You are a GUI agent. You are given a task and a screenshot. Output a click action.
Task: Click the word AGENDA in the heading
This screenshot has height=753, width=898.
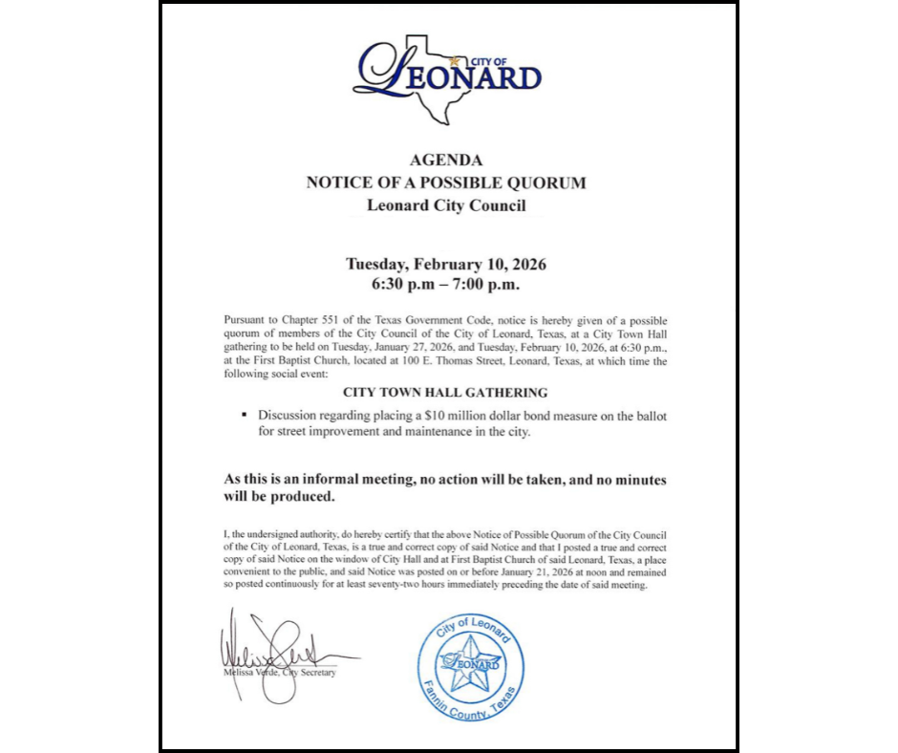[x=446, y=161]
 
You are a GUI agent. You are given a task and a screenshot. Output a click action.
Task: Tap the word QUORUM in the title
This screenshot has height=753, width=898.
[x=545, y=183]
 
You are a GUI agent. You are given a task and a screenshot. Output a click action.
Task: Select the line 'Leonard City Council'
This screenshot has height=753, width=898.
[x=446, y=204]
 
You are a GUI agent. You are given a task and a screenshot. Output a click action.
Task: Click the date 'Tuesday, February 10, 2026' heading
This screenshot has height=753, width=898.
[x=446, y=264]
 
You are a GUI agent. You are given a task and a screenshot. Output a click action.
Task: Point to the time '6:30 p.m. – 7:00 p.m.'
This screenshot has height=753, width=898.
[x=446, y=285]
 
